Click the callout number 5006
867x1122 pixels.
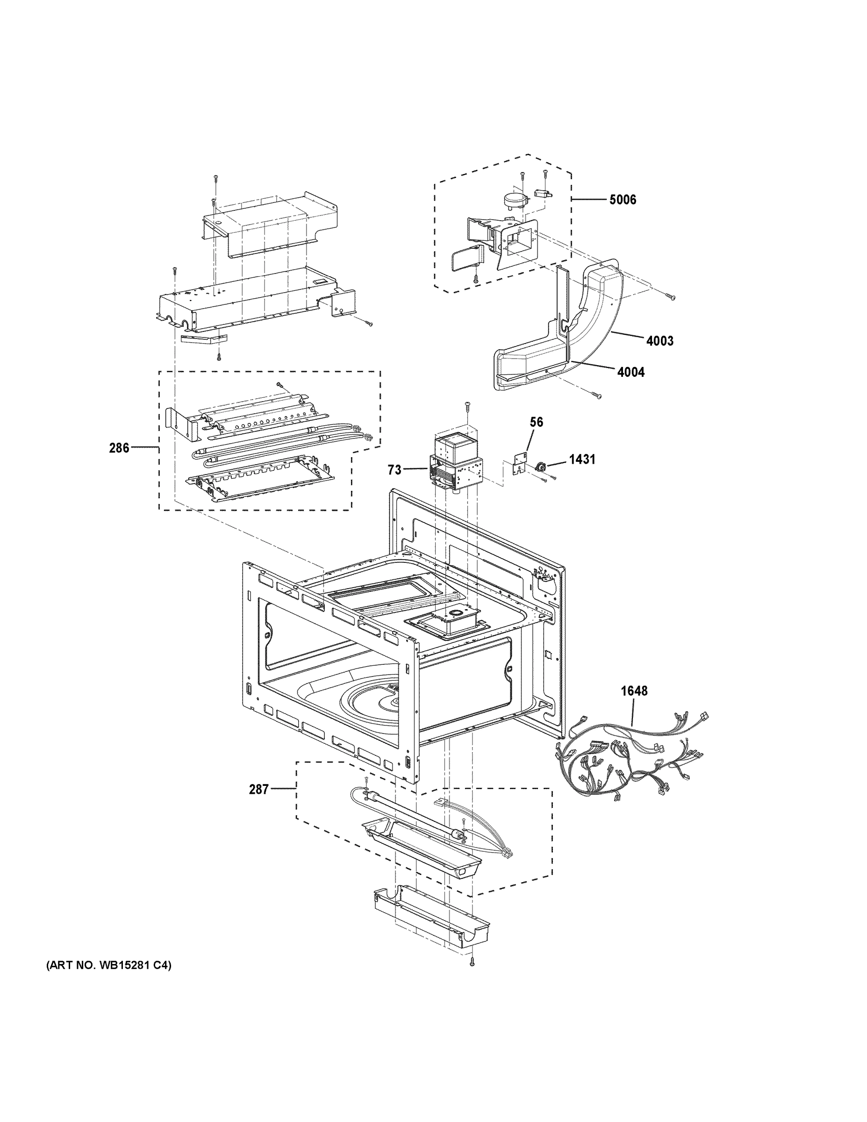(622, 200)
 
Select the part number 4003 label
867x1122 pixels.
(659, 341)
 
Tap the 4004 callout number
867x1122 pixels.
(630, 372)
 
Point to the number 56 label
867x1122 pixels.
(536, 422)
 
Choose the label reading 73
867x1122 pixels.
(394, 469)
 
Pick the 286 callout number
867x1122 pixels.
(119, 448)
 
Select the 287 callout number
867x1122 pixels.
(258, 790)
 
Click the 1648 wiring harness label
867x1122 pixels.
(634, 691)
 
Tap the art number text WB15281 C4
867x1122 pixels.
(109, 980)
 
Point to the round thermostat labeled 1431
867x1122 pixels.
(540, 466)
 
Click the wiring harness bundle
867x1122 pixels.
(632, 755)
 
